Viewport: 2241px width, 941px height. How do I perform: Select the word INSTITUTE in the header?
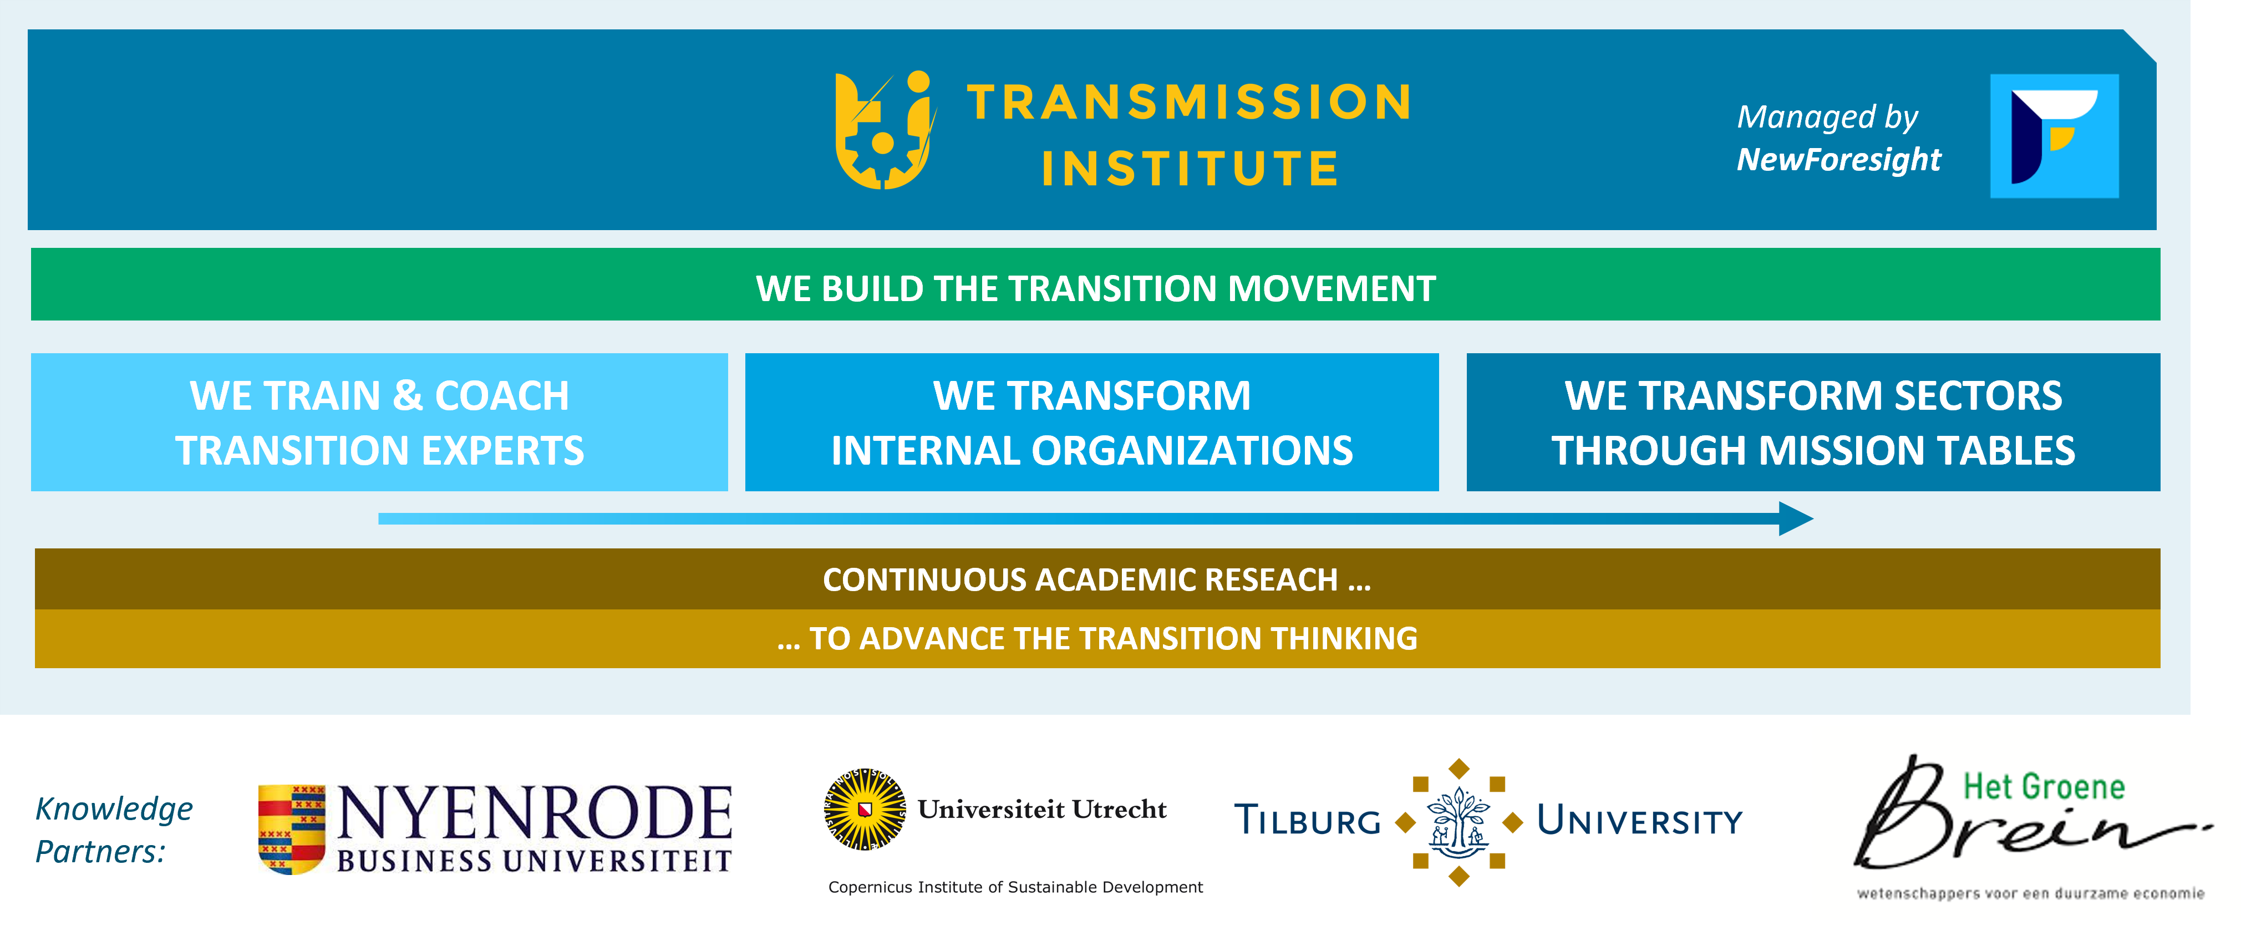click(1190, 169)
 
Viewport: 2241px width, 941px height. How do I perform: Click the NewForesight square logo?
click(2054, 136)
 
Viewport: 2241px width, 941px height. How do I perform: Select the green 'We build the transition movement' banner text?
click(1095, 289)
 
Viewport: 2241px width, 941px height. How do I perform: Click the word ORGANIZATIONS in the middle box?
click(1192, 450)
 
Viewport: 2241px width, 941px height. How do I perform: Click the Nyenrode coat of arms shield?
click(292, 829)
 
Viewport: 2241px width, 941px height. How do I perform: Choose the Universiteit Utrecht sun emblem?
click(864, 809)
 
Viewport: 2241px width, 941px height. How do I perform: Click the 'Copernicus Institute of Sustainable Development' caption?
click(1015, 887)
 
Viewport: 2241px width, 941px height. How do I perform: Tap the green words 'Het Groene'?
click(2044, 787)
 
